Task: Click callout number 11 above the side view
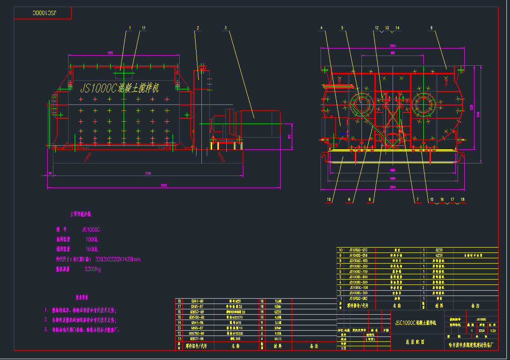[x=144, y=28]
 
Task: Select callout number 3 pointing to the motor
[x=225, y=28]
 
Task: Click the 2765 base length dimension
[x=148, y=173]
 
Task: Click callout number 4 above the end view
[x=321, y=28]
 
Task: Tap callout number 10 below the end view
[x=329, y=200]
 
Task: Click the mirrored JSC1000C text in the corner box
[x=43, y=13]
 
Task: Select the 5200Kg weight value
[x=93, y=269]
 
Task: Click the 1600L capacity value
[x=92, y=249]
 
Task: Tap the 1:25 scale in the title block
[x=492, y=331]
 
